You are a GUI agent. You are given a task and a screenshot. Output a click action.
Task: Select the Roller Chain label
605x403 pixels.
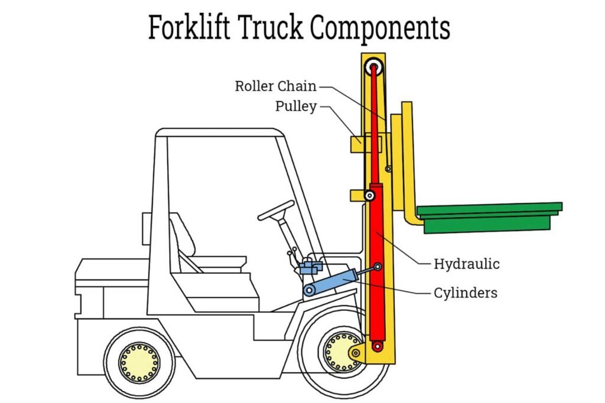click(275, 86)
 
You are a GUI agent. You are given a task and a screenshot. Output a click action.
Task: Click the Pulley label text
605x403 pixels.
click(296, 107)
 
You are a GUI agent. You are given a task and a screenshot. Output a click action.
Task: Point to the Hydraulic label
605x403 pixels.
click(467, 264)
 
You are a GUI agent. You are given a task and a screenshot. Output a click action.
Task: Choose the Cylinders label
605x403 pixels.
click(466, 293)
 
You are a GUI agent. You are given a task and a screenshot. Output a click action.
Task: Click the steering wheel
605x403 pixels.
click(276, 210)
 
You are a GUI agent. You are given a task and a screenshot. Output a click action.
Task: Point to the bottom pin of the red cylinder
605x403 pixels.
click(374, 346)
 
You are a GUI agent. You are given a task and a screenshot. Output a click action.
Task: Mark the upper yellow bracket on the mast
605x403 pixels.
click(357, 143)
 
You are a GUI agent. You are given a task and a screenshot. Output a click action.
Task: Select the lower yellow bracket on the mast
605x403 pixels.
click(357, 195)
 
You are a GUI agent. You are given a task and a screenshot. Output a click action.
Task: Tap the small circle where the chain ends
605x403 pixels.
click(388, 169)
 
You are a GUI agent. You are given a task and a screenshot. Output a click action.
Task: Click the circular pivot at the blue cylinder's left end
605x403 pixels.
click(309, 290)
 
